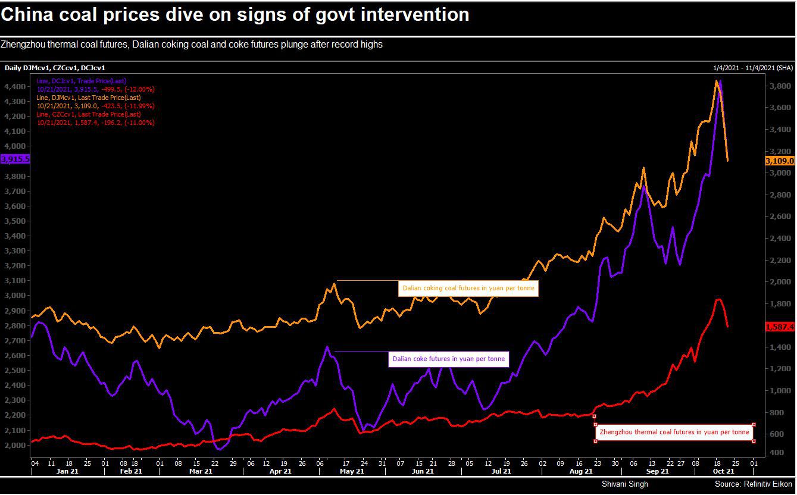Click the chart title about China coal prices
(x=235, y=15)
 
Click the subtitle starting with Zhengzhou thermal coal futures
(x=192, y=45)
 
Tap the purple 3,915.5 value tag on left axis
(x=15, y=159)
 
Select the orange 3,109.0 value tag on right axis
(x=779, y=161)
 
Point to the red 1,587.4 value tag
(x=779, y=327)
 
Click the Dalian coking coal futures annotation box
(x=468, y=289)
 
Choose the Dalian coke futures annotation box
(x=448, y=359)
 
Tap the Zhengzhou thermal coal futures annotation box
(x=674, y=433)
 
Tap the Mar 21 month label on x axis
(x=201, y=471)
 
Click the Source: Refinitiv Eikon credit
(x=752, y=484)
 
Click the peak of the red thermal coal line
(x=718, y=299)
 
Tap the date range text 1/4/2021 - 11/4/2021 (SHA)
(x=752, y=68)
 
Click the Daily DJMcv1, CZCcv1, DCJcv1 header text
(x=55, y=68)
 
